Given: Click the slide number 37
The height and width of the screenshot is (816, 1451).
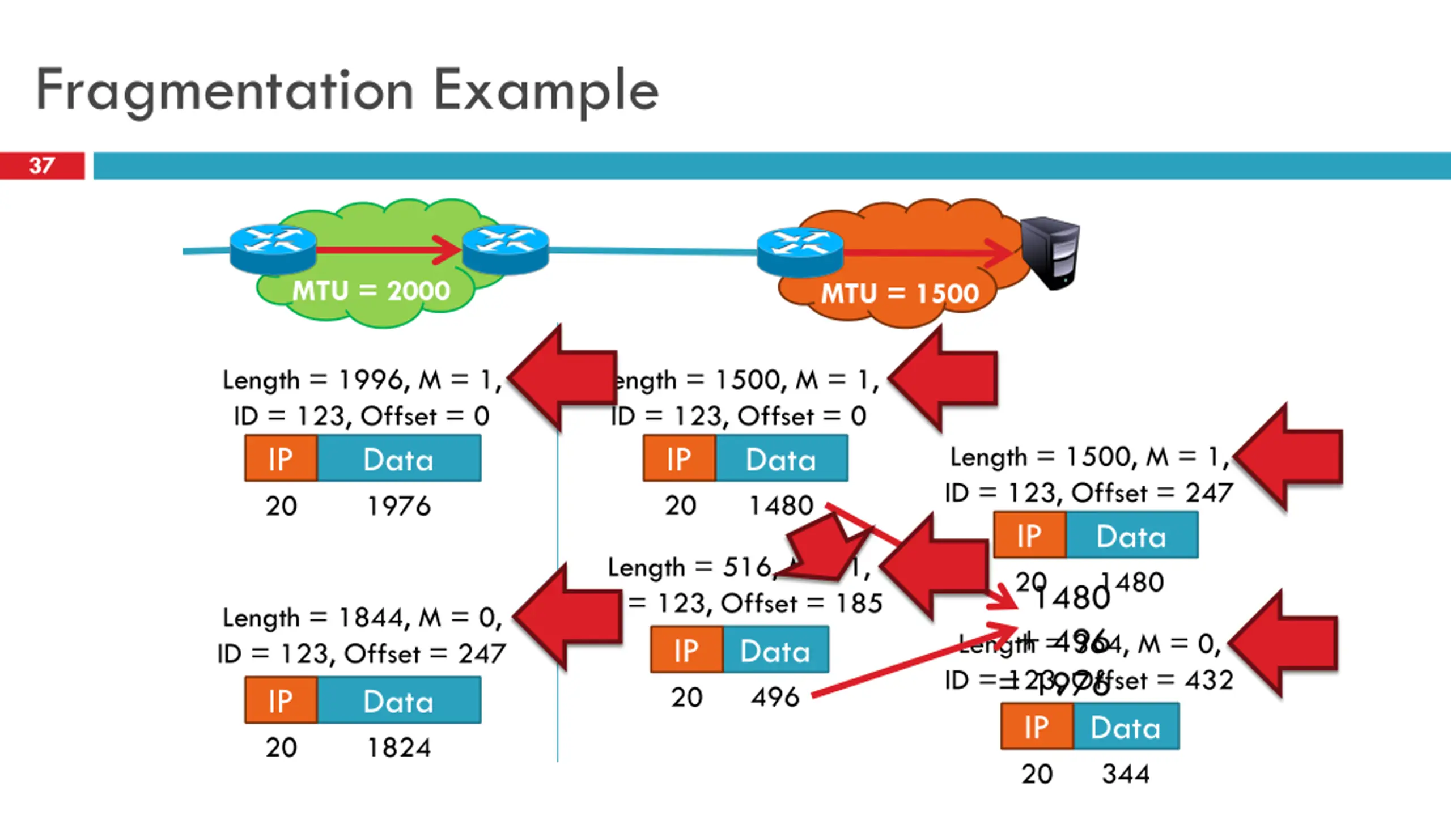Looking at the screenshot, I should coord(42,165).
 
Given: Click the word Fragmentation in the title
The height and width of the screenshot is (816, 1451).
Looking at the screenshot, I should coord(224,91).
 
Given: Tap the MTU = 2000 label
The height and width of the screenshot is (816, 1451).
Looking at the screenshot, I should coord(371,291).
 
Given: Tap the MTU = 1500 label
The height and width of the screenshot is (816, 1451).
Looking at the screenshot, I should coord(900,294).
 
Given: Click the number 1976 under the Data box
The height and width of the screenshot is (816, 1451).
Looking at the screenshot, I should coord(399,505).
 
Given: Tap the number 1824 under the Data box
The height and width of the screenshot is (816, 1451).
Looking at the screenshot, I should coord(399,747).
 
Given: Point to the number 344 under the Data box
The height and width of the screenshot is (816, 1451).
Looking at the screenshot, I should coord(1126,774).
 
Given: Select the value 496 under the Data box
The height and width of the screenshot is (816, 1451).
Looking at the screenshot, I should coord(775,697).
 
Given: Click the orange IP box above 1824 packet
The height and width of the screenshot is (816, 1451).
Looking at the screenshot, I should coord(281,700).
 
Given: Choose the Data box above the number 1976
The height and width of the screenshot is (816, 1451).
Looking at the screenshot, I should coord(399,458).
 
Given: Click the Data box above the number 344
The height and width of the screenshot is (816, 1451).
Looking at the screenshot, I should coord(1126,727).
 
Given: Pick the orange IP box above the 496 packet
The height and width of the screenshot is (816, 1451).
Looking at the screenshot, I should coord(686,650).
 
